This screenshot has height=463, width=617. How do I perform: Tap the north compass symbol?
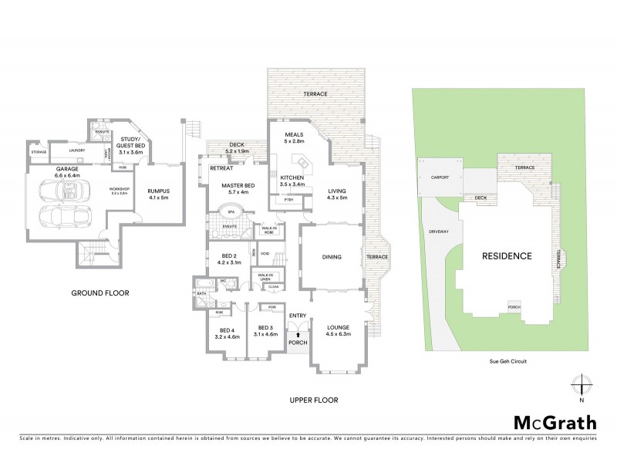pos(582,385)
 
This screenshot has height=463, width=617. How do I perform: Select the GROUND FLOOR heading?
pos(99,292)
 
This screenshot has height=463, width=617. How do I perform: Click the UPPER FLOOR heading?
pos(314,400)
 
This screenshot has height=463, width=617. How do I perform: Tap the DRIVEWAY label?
pos(438,231)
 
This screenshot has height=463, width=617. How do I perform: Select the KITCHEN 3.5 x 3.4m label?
pos(287,181)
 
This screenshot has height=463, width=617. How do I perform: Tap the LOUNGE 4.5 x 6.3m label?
pos(338,330)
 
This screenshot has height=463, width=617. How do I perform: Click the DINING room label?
pos(330,258)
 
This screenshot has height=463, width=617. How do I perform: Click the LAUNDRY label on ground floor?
pos(76,150)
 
